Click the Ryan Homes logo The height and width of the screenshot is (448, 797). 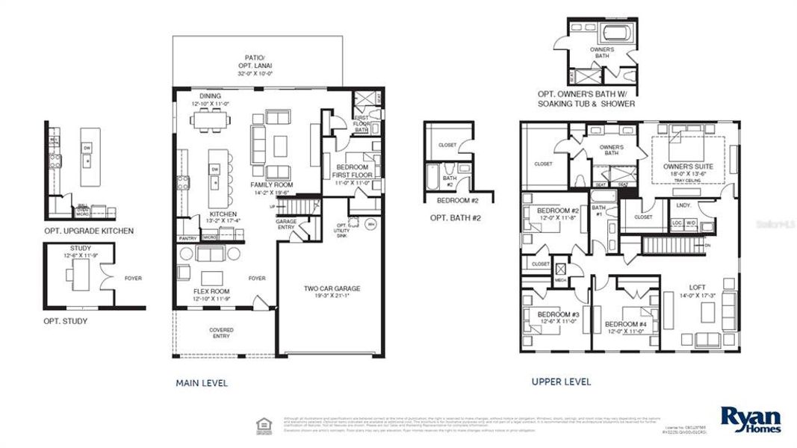750,420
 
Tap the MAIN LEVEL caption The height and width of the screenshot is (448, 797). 202,383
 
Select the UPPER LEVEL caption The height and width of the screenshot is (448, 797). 561,382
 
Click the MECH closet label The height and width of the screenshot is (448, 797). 559,280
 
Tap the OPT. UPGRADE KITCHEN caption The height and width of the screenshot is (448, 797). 89,231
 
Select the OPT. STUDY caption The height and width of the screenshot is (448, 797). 66,321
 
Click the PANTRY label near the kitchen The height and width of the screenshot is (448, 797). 187,238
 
